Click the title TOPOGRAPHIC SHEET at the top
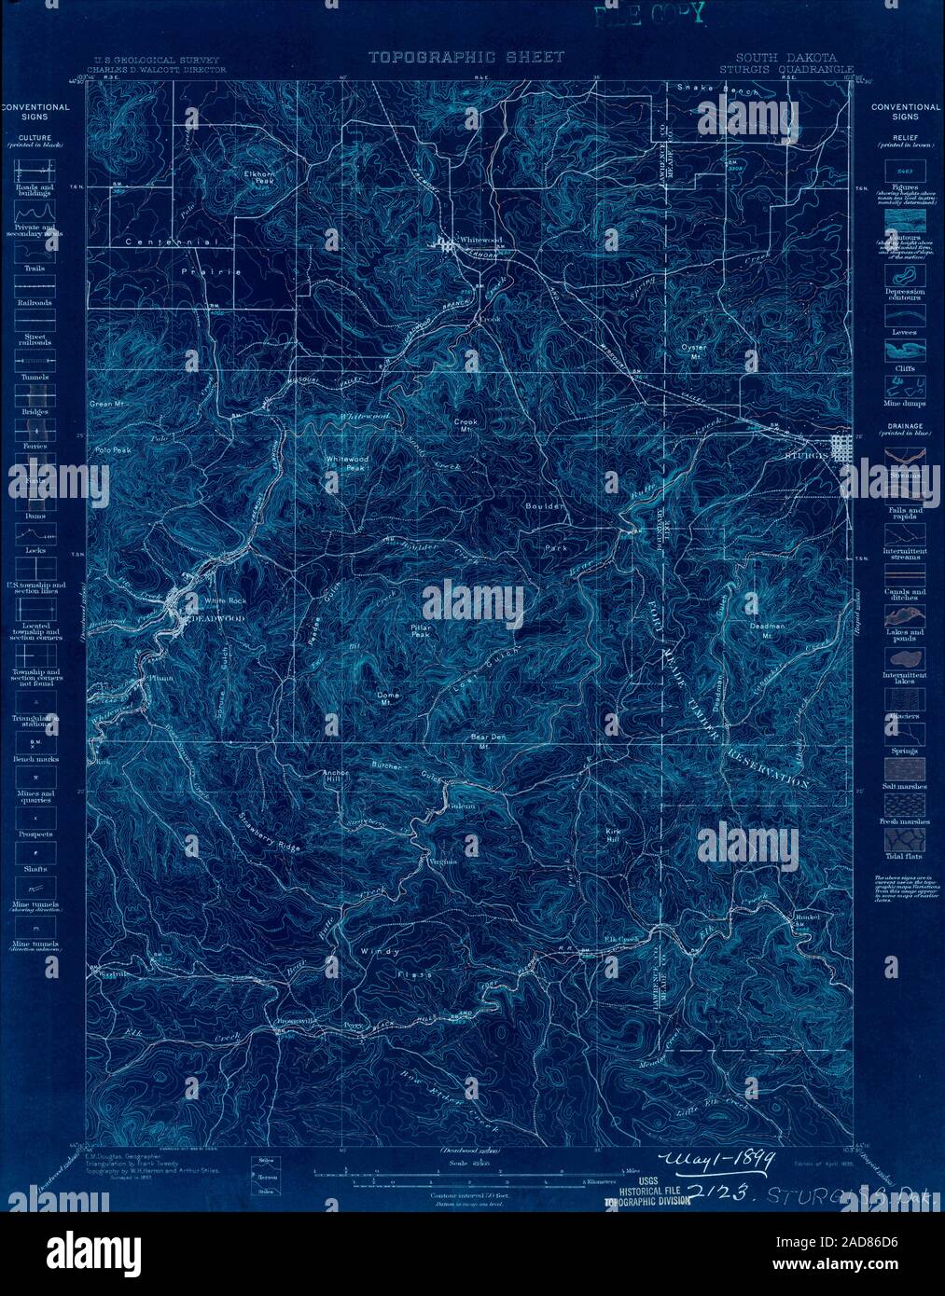[x=466, y=58]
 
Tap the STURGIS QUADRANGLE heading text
[x=786, y=69]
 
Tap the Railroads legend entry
[x=35, y=294]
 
